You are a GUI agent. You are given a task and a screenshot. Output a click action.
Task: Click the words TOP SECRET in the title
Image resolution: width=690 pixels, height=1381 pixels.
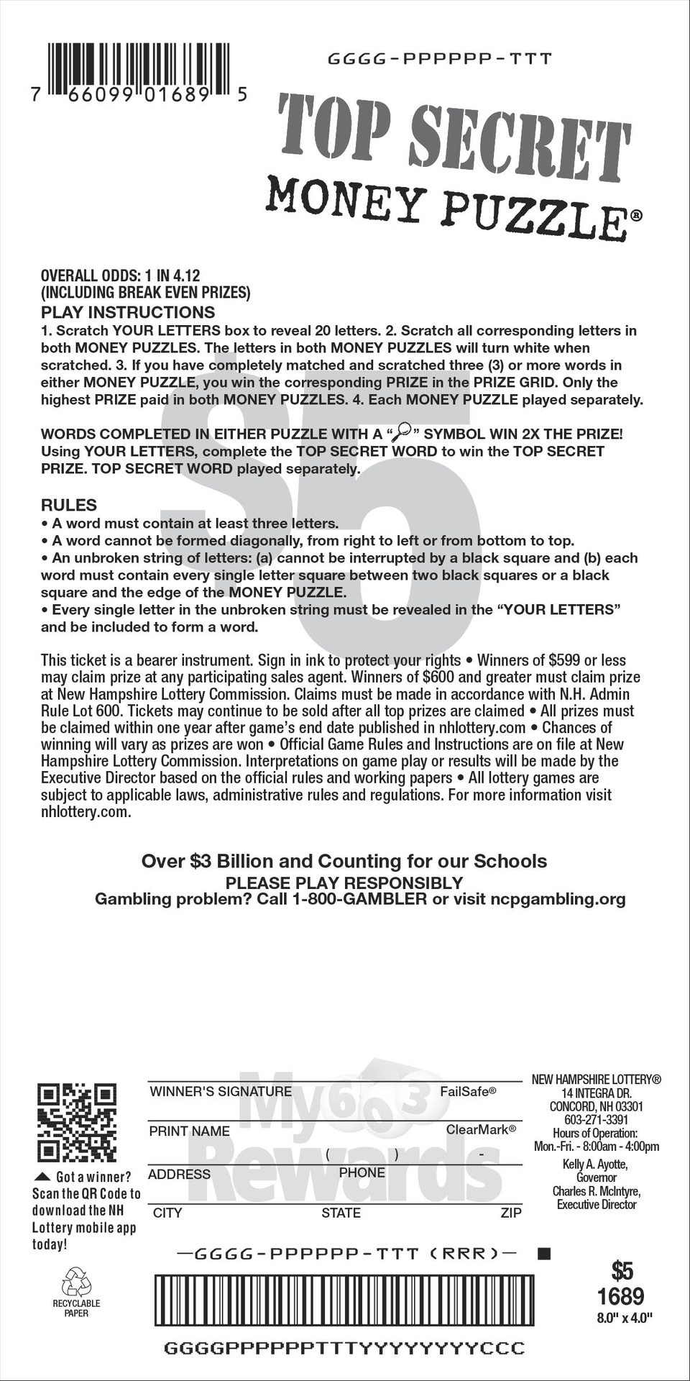[x=454, y=135]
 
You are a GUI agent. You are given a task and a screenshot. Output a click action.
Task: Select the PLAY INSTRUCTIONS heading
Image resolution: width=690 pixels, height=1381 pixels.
[x=128, y=312]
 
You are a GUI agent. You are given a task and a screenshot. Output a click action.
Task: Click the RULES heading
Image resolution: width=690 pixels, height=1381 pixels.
[x=69, y=505]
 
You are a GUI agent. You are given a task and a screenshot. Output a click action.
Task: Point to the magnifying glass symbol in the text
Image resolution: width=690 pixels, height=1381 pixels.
[x=400, y=432]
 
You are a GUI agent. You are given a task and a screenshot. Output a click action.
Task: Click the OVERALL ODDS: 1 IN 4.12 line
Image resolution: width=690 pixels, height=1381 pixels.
[x=120, y=275]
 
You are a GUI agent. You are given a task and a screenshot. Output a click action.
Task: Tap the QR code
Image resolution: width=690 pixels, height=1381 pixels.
[x=76, y=1122]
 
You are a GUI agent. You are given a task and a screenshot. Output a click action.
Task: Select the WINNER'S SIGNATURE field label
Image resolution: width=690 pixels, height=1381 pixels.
[x=221, y=1092]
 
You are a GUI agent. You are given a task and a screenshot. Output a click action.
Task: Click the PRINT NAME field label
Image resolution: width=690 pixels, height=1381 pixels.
[x=189, y=1131]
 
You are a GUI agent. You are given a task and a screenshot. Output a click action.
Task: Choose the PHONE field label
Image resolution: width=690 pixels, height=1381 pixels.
[x=362, y=1173]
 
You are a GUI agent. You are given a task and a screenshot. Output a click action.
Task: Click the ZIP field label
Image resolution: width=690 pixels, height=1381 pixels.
[x=511, y=1213]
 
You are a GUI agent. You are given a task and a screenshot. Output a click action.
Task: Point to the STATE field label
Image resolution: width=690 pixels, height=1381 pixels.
[x=341, y=1213]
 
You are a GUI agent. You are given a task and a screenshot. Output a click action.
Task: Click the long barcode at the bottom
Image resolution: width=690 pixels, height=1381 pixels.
[x=344, y=1300]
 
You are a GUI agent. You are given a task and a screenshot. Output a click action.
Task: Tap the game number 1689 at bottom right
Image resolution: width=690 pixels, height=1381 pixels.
[x=620, y=1297]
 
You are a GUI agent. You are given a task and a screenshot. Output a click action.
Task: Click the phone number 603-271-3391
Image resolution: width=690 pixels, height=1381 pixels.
[x=596, y=1120]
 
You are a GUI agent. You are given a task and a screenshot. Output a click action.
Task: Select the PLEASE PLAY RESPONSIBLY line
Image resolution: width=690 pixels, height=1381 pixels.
[x=344, y=883]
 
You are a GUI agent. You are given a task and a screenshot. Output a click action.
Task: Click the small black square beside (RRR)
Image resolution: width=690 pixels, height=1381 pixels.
[x=544, y=1254]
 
